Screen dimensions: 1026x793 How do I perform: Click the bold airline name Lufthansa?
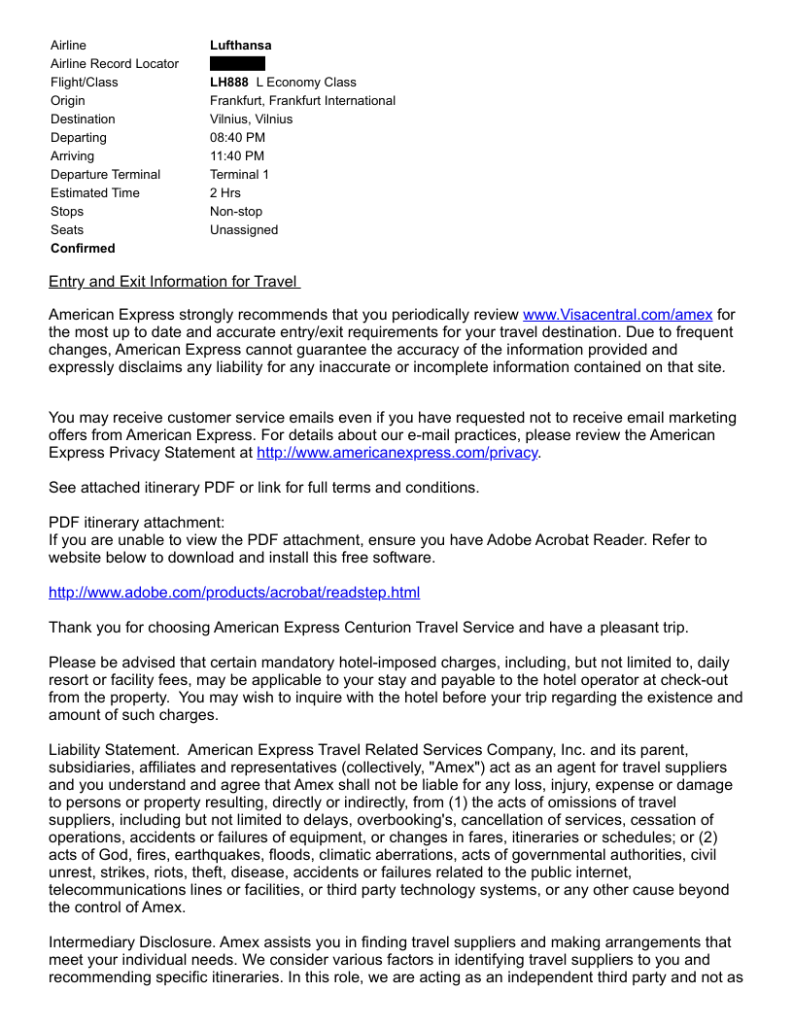(x=240, y=46)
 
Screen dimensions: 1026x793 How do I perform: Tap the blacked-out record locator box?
(x=237, y=64)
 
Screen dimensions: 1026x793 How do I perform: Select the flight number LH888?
(x=229, y=83)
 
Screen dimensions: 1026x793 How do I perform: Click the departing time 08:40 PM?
(x=237, y=138)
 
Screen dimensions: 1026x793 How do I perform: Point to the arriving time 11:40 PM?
(x=237, y=156)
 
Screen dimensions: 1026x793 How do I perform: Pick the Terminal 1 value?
(x=239, y=175)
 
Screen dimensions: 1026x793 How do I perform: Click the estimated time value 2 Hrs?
(x=225, y=193)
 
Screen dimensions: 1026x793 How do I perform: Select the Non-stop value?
(x=236, y=212)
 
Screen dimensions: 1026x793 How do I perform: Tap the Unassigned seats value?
(x=244, y=230)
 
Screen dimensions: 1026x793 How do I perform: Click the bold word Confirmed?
(x=83, y=249)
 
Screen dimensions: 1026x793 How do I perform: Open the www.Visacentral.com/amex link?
(x=617, y=315)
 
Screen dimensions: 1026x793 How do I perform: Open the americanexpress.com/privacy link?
(x=396, y=453)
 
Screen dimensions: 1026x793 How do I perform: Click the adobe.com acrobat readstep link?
(x=234, y=593)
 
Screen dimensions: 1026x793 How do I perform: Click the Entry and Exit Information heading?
(x=173, y=282)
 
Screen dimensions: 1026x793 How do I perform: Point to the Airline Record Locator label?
(x=115, y=64)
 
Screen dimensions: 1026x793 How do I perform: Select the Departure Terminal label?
(x=106, y=175)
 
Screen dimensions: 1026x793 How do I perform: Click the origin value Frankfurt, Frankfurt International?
(x=302, y=101)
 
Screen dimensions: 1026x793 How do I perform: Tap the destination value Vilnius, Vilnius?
(x=251, y=120)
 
